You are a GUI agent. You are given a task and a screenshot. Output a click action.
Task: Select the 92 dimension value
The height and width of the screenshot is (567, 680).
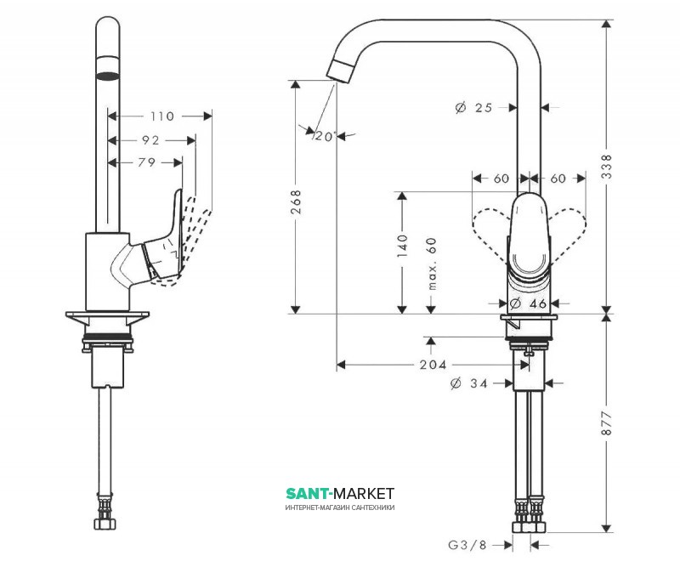[150, 139]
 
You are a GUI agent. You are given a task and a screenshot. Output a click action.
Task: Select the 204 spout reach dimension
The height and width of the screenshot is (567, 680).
[433, 365]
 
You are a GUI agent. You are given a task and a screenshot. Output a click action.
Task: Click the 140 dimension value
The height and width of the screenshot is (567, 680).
[404, 245]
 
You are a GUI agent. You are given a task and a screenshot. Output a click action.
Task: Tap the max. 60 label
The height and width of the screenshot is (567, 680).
[432, 264]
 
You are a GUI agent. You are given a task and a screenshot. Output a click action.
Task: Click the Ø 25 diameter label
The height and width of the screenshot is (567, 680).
[474, 108]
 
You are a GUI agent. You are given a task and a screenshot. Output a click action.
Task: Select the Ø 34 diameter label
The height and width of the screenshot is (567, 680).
[469, 383]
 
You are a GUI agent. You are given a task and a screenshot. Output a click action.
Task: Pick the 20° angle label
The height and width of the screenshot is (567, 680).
[326, 136]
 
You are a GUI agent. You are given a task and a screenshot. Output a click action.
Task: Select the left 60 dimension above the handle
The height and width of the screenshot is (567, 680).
[501, 179]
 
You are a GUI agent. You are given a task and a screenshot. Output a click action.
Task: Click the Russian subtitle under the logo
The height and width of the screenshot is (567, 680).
[340, 508]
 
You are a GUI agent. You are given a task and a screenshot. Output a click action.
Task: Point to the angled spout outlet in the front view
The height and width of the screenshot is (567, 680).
[340, 71]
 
